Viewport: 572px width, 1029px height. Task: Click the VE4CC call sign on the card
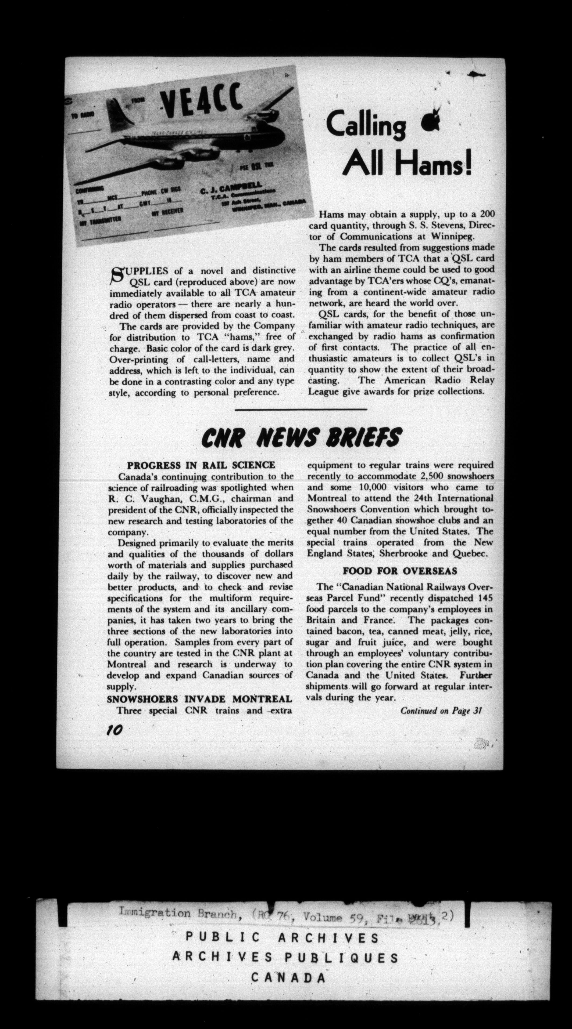point(201,102)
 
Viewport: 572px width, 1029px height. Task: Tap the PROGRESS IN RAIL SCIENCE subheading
point(201,465)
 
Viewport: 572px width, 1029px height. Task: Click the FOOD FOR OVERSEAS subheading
point(400,571)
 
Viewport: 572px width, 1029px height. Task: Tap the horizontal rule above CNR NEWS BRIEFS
point(301,409)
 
